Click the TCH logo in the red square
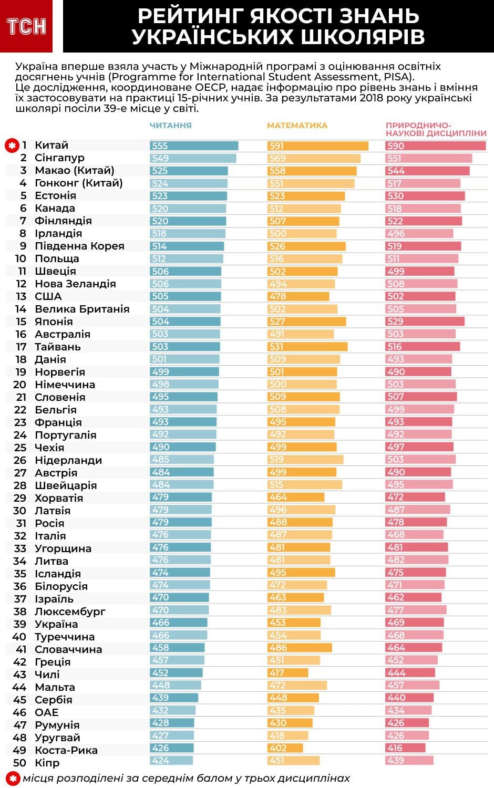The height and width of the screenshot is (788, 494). click(26, 26)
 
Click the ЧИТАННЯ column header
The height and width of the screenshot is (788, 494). click(170, 126)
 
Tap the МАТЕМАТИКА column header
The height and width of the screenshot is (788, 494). click(297, 126)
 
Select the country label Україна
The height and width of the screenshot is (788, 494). click(56, 624)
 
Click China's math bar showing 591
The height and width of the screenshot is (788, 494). click(317, 146)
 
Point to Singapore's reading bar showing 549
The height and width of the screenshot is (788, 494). click(193, 158)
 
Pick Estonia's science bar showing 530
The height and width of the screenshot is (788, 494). click(425, 196)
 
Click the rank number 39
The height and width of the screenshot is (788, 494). click(20, 624)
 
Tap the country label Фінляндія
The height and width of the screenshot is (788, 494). click(63, 221)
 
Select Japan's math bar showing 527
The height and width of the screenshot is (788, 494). click(306, 322)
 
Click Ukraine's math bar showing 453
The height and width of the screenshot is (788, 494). click(294, 623)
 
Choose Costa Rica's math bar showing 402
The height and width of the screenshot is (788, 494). click(285, 748)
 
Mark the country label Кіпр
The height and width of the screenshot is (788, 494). click(47, 763)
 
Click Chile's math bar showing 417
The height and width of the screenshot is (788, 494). click(287, 673)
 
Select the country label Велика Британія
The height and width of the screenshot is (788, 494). click(82, 309)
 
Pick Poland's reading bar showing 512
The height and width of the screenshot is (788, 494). click(187, 259)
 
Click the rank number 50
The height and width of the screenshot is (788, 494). click(20, 763)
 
